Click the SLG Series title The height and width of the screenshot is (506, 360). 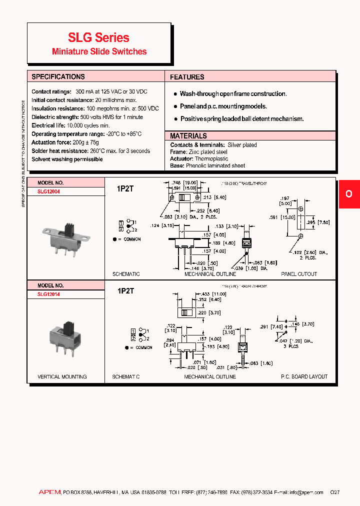[98, 37]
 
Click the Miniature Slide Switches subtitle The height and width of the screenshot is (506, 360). [99, 51]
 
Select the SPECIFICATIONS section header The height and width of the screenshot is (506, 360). [58, 76]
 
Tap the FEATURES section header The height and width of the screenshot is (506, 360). [187, 77]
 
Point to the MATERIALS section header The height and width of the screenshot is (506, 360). [188, 136]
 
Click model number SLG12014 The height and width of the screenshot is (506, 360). [48, 294]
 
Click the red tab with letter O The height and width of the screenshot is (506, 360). [349, 194]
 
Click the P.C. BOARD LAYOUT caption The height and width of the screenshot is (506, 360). [304, 376]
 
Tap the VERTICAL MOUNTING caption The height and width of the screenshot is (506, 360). [62, 376]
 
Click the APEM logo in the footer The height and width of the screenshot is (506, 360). [49, 492]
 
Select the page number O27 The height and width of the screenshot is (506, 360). [334, 492]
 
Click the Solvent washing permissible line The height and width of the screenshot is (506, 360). [67, 159]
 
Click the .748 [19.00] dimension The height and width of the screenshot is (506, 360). [184, 183]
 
